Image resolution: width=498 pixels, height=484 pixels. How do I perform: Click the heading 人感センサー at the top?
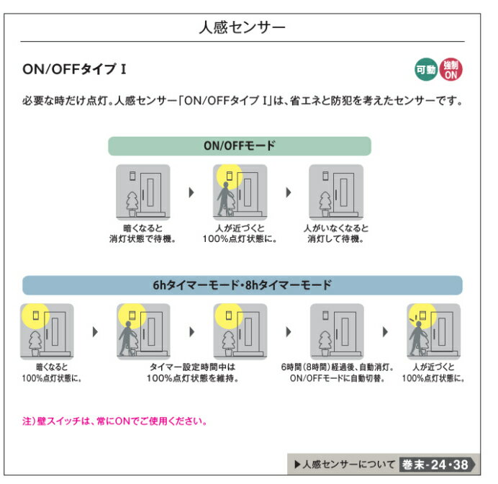(242, 27)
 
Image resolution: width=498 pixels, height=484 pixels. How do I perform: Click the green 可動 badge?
(426, 69)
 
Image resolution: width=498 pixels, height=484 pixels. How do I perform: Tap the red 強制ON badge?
(451, 69)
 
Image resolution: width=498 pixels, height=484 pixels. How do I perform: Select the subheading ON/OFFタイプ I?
(74, 69)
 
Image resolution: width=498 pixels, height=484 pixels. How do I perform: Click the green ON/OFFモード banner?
(240, 146)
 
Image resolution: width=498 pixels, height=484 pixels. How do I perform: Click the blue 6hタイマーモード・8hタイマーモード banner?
(243, 285)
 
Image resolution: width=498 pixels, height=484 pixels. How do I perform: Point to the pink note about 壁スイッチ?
(114, 421)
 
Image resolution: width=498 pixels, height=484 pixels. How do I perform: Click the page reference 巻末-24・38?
(435, 465)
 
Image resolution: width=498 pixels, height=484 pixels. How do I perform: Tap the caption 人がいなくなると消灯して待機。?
(336, 233)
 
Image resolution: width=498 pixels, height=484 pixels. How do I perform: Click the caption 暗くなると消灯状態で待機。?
(142, 233)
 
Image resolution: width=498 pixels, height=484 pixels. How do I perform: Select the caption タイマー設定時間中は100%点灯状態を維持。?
(192, 372)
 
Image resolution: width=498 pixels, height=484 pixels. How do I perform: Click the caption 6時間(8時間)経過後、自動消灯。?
(338, 367)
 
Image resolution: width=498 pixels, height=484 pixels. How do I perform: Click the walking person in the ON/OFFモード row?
(225, 200)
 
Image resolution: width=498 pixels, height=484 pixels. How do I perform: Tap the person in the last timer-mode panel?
(417, 339)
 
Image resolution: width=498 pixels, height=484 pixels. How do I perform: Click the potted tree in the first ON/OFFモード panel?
(132, 204)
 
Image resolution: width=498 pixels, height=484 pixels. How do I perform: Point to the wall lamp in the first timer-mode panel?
(36, 315)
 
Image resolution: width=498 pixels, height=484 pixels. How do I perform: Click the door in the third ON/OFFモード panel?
(344, 194)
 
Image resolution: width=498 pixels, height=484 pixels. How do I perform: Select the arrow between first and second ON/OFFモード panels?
(191, 192)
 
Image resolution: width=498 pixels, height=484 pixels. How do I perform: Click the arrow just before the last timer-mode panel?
(385, 332)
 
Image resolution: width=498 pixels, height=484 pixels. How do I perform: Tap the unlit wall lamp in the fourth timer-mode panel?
(325, 315)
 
